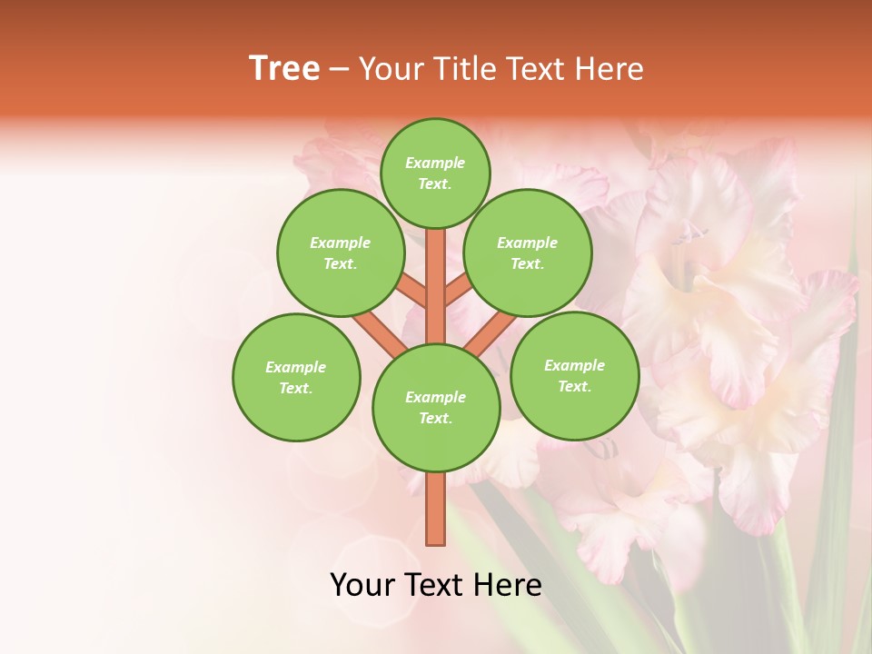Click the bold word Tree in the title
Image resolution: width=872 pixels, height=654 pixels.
point(284,69)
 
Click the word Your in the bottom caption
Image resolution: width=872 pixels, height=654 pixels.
point(362,585)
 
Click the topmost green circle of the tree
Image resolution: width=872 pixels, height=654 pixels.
point(435,173)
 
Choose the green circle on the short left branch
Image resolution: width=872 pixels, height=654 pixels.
point(341,253)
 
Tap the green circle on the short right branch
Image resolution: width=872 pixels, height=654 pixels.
point(528,253)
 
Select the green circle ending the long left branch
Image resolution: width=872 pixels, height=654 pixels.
point(296,377)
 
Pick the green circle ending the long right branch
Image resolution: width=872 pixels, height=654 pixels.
point(574,375)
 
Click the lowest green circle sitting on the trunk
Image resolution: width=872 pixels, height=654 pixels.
point(436,408)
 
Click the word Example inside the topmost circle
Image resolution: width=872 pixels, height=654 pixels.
point(435,163)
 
